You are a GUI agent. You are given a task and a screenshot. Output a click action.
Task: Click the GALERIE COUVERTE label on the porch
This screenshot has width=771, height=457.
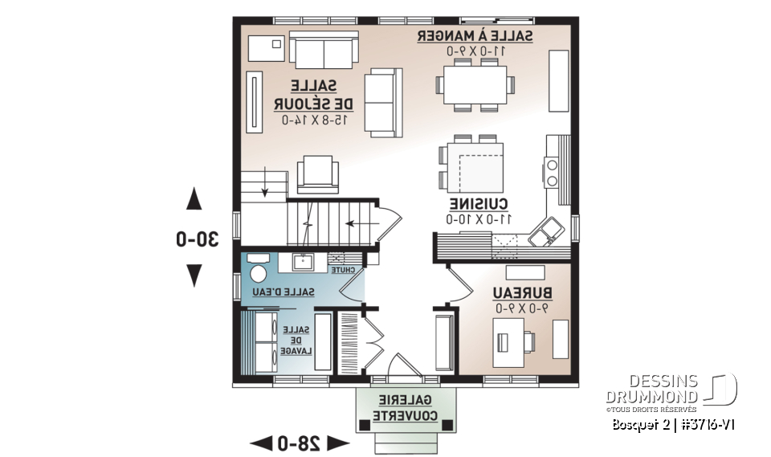point(405,408)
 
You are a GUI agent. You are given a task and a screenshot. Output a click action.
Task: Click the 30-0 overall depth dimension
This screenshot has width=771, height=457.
point(198,239)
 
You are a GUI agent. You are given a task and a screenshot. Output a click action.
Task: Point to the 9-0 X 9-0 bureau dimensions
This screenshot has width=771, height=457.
point(521,308)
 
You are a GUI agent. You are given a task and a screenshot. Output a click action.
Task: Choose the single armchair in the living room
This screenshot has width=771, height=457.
point(317,174)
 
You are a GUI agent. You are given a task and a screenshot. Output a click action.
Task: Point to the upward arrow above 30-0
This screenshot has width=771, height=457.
point(194,198)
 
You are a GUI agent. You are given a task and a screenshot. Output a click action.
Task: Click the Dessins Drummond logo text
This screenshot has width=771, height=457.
point(651,389)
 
